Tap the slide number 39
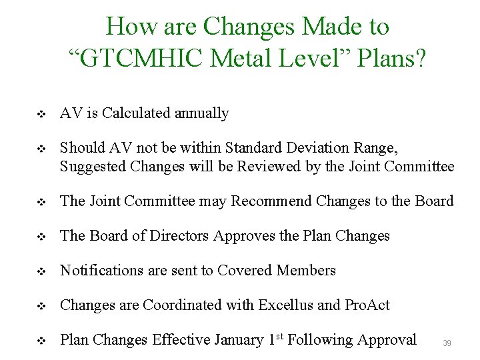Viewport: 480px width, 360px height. pos(447,343)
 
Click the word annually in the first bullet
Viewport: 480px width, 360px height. pos(201,113)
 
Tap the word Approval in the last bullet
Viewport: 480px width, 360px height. pos(386,340)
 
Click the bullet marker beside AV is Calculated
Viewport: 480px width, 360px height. pos(41,115)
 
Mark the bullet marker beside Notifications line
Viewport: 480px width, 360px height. pos(41,272)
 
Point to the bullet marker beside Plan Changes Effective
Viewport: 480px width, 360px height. pos(41,341)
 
